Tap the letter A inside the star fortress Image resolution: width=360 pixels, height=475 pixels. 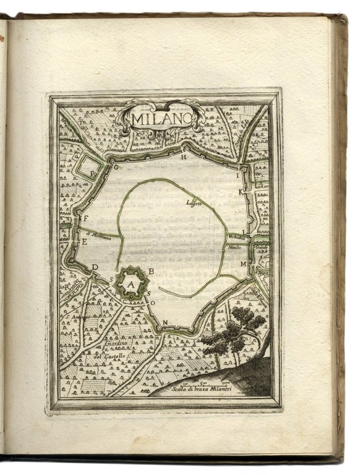click(x=131, y=284)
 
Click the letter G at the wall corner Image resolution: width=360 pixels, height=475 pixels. click(x=115, y=166)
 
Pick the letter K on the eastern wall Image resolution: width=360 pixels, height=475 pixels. click(x=242, y=193)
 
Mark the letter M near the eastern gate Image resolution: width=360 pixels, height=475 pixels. click(x=243, y=264)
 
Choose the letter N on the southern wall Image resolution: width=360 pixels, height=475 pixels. click(x=166, y=323)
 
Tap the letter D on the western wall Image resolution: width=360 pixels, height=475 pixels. click(x=95, y=267)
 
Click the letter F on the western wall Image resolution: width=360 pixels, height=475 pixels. click(x=87, y=218)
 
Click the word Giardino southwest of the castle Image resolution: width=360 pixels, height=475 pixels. click(x=115, y=344)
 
